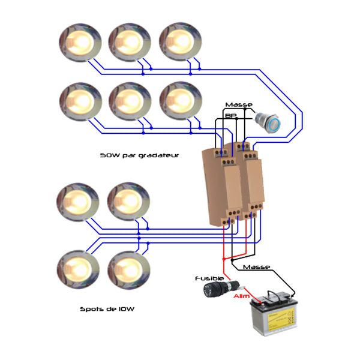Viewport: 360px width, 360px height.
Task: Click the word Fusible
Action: [209, 278]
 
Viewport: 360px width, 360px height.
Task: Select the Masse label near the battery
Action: [257, 267]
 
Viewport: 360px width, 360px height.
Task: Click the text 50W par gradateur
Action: [140, 155]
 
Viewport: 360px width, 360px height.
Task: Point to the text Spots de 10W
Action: [107, 310]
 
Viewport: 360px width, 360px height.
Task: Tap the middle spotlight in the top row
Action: [128, 41]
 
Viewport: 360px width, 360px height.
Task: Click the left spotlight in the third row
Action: [76, 202]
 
